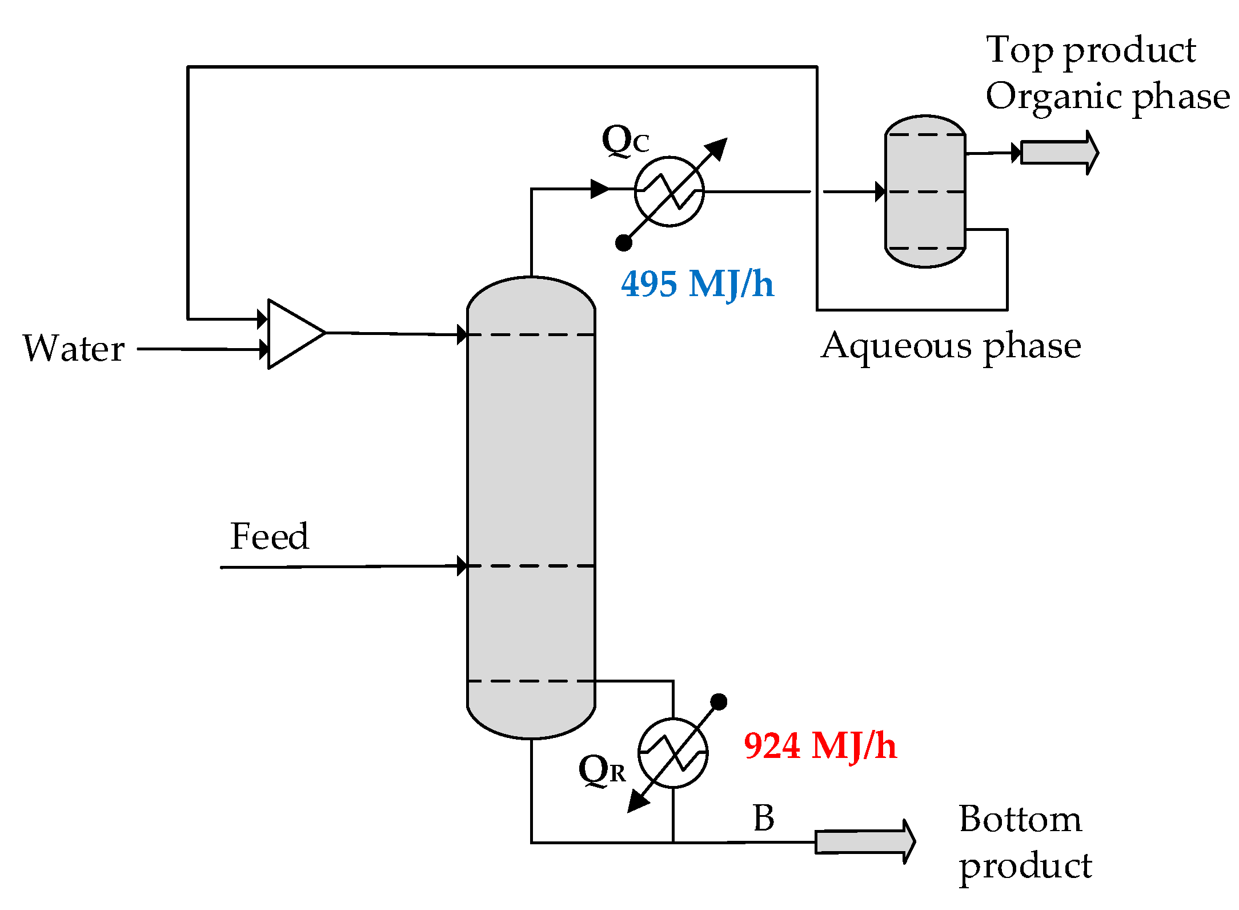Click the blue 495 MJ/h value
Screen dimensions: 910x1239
[x=697, y=284]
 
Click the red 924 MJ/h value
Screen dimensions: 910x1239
[x=820, y=746]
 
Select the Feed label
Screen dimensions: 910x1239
[x=269, y=536]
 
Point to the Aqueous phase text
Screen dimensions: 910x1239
[x=951, y=346]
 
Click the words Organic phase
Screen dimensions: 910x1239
[x=1108, y=96]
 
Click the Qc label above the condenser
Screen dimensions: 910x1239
[x=625, y=140]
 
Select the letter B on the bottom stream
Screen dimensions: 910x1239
[x=764, y=818]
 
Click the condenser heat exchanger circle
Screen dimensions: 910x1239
[x=669, y=191]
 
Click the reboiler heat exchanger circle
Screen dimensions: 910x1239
[x=673, y=753]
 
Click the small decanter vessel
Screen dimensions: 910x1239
[x=925, y=191]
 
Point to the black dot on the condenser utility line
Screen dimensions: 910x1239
[x=623, y=243]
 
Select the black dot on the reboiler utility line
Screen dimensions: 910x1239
[x=719, y=702]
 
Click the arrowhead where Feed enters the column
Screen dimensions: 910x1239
[x=462, y=566]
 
